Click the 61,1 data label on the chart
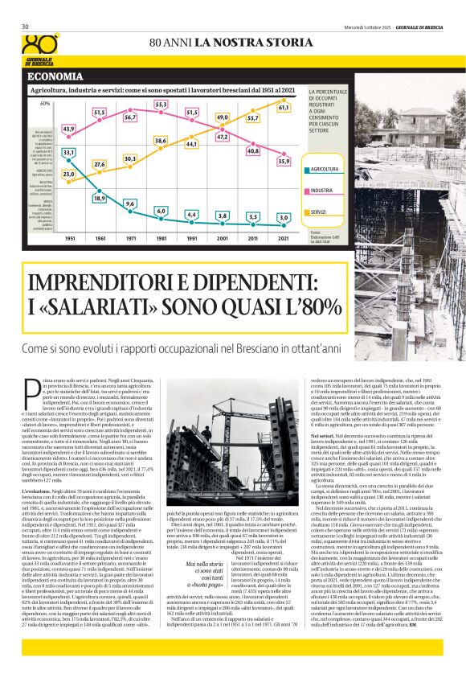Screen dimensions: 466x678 [284, 107]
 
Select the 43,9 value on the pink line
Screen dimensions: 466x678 [68, 129]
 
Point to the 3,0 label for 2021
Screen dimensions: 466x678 [284, 217]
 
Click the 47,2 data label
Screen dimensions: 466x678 [223, 137]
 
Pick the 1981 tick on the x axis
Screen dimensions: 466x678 [161, 238]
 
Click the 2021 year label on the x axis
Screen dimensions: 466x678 [284, 238]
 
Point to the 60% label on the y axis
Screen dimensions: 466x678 [45, 104]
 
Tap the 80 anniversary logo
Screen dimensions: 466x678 [41, 46]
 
